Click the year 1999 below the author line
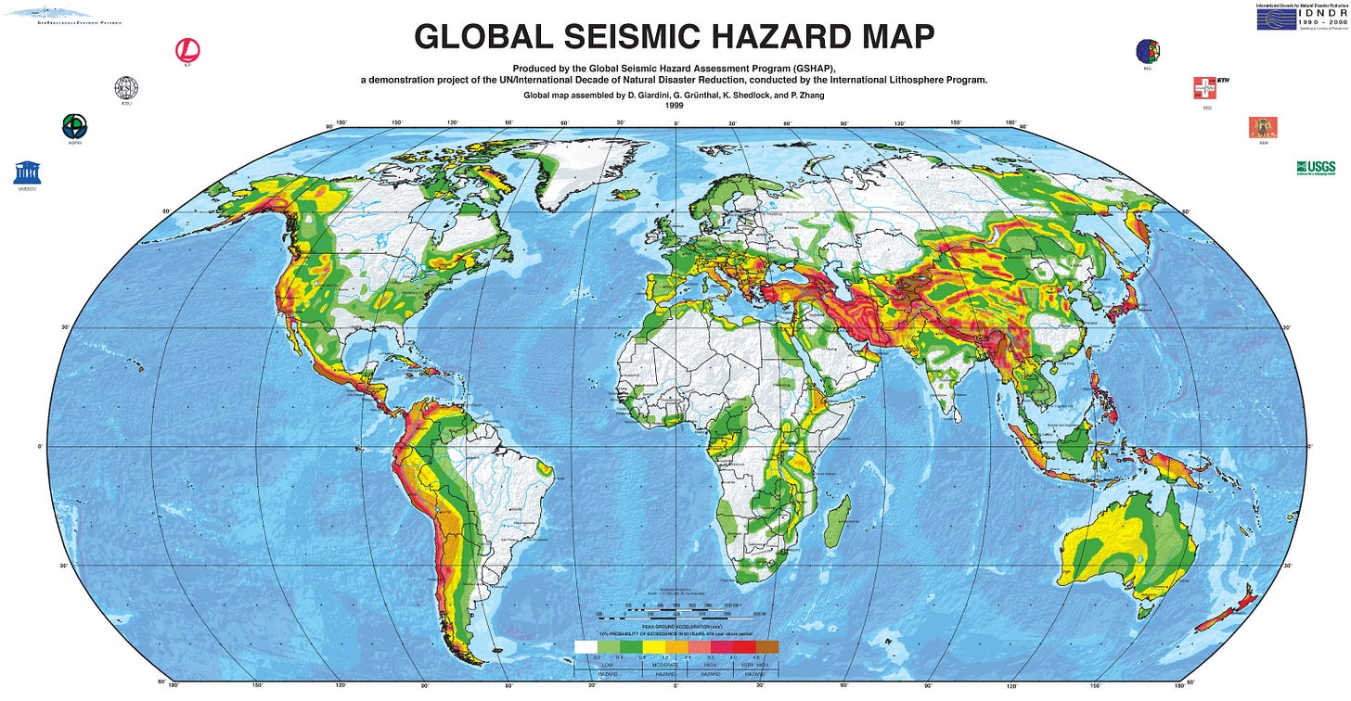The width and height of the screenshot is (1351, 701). (675, 106)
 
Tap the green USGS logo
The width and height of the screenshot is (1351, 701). (1316, 167)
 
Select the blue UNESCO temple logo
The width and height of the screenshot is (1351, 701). (27, 172)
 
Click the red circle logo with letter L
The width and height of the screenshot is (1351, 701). (187, 50)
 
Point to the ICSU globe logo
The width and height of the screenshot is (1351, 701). (126, 88)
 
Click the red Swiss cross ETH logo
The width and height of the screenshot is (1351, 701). (1204, 88)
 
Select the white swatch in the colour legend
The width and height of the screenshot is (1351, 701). (585, 646)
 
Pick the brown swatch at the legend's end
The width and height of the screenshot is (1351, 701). (767, 646)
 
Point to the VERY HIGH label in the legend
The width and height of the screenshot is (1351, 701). (756, 665)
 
